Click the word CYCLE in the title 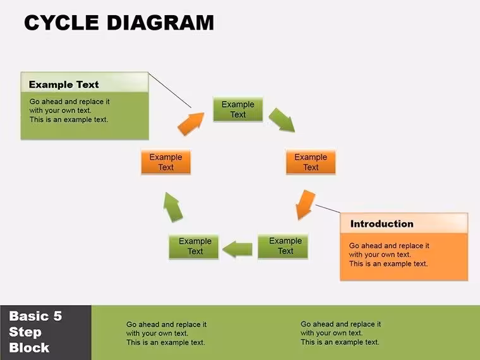[x=61, y=23]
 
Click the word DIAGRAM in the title [x=160, y=23]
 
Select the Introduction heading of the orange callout [x=381, y=224]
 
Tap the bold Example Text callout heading [x=64, y=85]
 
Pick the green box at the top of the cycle [x=238, y=109]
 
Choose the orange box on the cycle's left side [x=166, y=162]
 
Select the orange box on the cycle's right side [x=311, y=162]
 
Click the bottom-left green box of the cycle [x=194, y=246]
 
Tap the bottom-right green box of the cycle [x=283, y=246]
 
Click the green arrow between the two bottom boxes [x=237, y=249]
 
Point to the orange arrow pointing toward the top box [x=191, y=123]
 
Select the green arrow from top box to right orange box [x=282, y=120]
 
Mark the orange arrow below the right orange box [x=305, y=205]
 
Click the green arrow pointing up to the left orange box [x=173, y=207]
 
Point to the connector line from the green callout [x=170, y=90]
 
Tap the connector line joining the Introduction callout [x=328, y=209]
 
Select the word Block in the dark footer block [x=29, y=348]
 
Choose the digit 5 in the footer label [x=57, y=316]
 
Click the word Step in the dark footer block [x=25, y=332]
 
